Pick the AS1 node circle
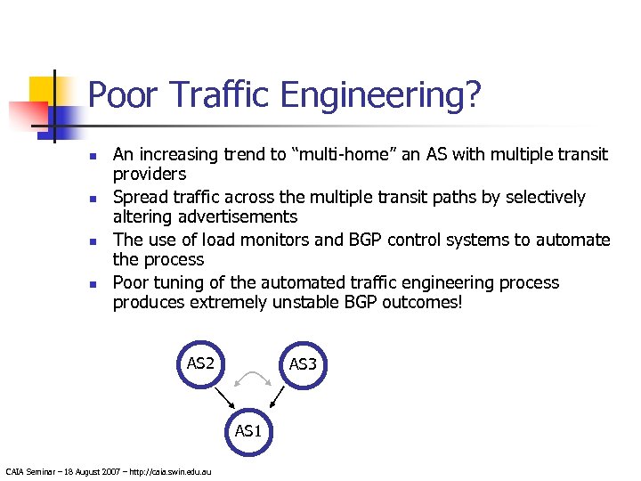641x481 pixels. pyautogui.click(x=248, y=432)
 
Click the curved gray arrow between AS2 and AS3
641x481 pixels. pyautogui.click(x=251, y=380)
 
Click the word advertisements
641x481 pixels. pyautogui.click(x=229, y=217)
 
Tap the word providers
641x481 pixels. pyautogui.click(x=149, y=175)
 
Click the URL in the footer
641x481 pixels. pyautogui.click(x=168, y=471)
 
